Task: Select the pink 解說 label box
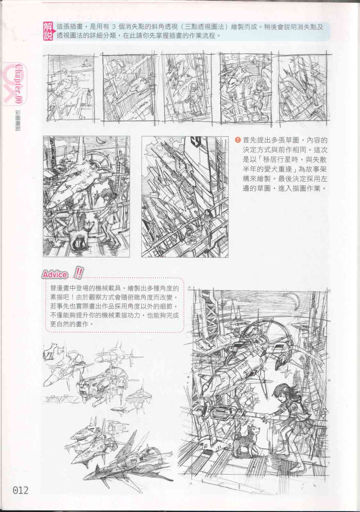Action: (48, 31)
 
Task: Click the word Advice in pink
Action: (55, 275)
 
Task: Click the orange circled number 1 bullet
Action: (238, 140)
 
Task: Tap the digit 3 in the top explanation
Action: (114, 27)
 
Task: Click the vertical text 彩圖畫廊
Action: (18, 120)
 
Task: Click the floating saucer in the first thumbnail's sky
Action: (86, 62)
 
